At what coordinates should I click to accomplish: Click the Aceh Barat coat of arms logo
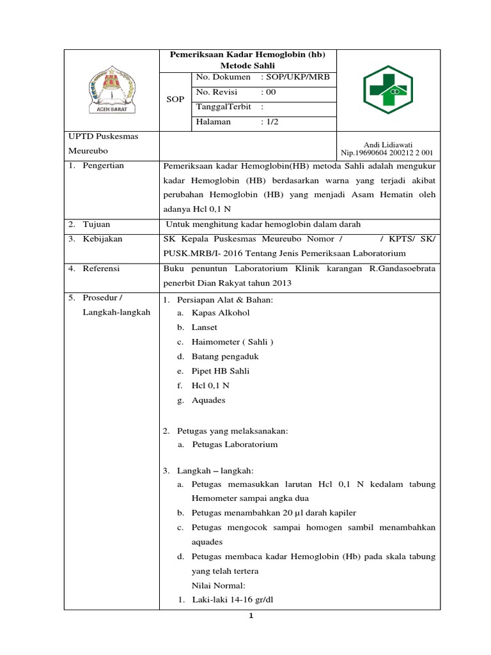point(111,90)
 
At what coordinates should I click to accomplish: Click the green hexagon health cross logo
point(388,90)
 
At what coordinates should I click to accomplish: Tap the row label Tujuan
point(97,224)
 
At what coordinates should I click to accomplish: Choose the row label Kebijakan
point(102,239)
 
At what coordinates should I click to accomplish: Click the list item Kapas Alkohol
point(221,313)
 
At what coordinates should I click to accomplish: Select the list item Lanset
point(205,327)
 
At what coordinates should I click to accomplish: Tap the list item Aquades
point(208,400)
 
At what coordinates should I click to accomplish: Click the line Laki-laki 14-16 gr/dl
point(228,600)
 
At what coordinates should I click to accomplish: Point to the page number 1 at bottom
point(251,616)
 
